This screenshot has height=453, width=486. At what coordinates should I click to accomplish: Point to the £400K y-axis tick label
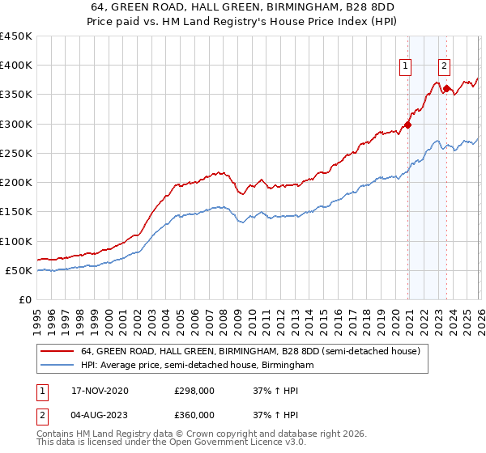tap(16, 66)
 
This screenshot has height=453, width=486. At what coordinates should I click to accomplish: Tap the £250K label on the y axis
tap(16, 154)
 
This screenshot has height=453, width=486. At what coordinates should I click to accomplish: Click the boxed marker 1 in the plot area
tap(405, 67)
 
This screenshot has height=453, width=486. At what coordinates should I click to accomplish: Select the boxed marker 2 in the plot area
tap(445, 67)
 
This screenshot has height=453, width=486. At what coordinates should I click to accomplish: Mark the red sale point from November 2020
tap(407, 125)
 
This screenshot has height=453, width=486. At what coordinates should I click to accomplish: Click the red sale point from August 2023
tap(446, 88)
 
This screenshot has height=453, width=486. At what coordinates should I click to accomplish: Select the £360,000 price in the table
tap(194, 415)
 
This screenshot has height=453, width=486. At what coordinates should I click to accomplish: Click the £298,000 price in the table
tap(194, 391)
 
